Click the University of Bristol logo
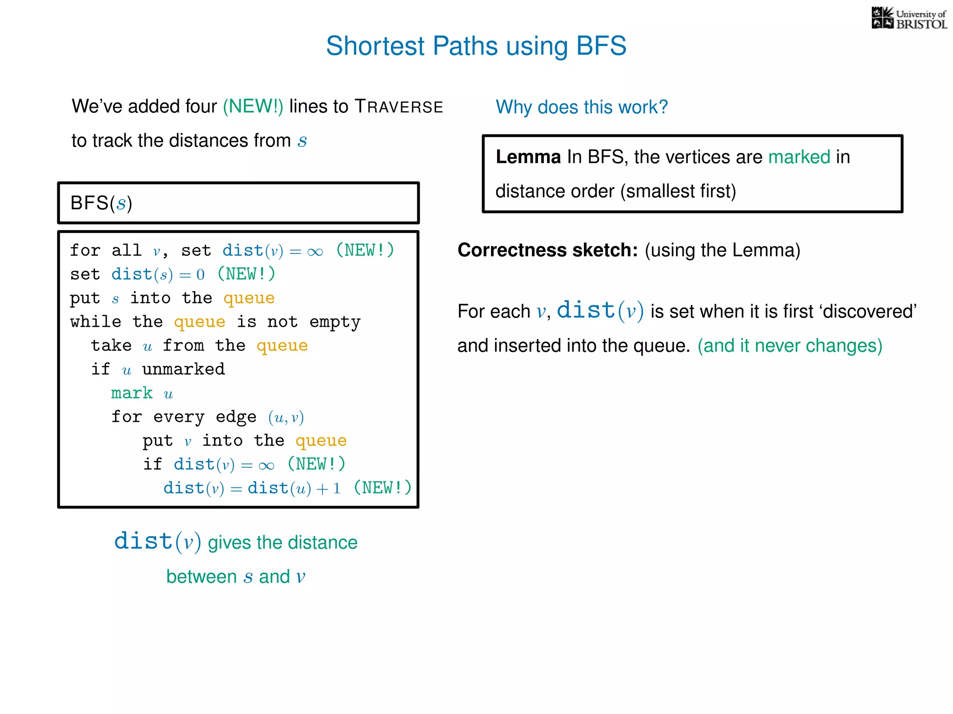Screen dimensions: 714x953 point(909,19)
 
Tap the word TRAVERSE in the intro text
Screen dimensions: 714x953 point(399,107)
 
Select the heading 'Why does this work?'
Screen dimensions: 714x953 point(581,107)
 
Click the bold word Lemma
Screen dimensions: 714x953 point(528,157)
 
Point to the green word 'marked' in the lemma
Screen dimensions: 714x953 point(799,157)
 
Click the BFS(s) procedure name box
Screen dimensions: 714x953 point(238,203)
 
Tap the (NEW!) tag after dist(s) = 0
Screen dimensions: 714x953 point(246,274)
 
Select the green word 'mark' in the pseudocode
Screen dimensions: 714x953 point(132,393)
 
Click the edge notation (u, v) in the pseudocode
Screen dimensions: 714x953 point(286,417)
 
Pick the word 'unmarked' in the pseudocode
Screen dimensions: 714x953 point(183,369)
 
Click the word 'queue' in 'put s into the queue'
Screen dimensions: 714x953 point(249,298)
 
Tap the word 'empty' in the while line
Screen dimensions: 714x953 point(335,322)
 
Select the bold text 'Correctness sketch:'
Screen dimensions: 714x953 point(547,250)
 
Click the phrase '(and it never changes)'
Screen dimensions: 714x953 point(789,346)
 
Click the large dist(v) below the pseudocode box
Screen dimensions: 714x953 point(157,542)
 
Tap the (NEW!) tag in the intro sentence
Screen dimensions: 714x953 point(253,106)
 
